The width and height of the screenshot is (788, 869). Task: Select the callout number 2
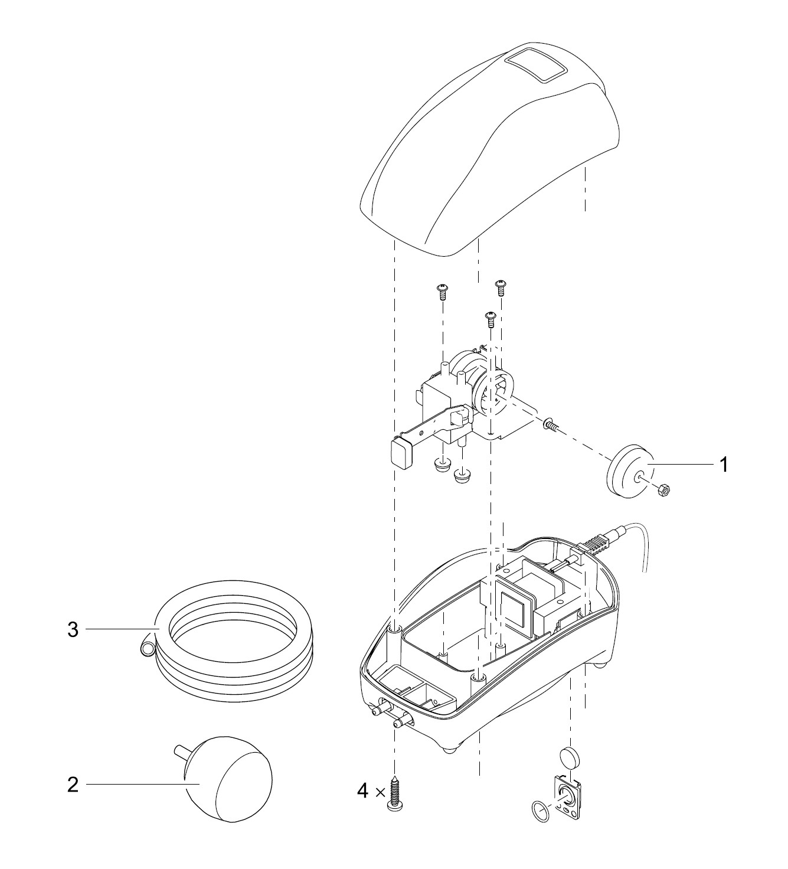click(x=73, y=785)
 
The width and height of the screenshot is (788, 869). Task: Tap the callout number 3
click(x=73, y=630)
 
